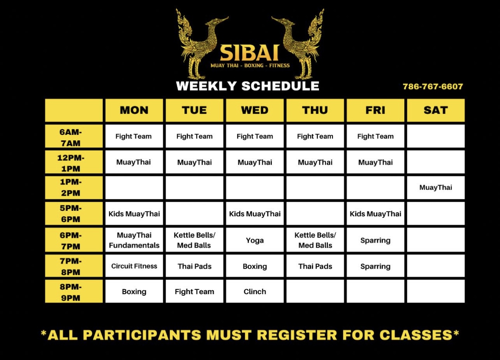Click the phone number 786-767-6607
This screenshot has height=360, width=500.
[x=433, y=86]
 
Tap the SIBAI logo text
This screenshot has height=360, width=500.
[x=249, y=53]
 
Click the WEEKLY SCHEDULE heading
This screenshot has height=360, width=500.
[x=248, y=86]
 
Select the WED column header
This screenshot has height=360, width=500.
[x=255, y=110]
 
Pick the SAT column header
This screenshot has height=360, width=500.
[x=436, y=110]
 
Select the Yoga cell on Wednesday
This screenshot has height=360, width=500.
[x=255, y=240]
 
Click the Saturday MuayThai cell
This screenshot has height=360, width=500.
[x=436, y=188]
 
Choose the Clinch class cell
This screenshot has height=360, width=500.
[x=255, y=291]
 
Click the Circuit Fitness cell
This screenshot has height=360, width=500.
[x=134, y=266]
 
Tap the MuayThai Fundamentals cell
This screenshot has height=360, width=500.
[x=134, y=240]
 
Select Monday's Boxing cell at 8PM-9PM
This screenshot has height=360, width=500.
[x=134, y=291]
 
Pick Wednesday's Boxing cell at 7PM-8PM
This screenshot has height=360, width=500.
[x=255, y=266]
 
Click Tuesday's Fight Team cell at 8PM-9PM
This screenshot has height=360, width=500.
[x=195, y=291]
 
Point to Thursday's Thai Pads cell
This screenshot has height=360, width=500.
[x=315, y=266]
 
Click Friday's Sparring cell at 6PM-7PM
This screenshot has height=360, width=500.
[x=376, y=240]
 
